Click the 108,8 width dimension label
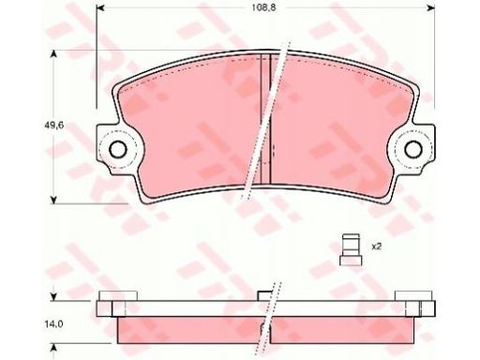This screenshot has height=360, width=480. click(264, 8)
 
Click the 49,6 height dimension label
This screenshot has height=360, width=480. click(56, 126)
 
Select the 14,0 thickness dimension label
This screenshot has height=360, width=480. click(56, 324)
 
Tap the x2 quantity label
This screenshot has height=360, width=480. click(377, 247)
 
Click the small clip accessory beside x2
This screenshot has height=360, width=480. click(351, 249)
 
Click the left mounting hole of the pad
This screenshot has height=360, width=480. click(118, 149)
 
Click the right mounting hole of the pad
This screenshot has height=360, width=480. click(413, 149)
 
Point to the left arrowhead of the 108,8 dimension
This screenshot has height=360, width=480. click(99, 8)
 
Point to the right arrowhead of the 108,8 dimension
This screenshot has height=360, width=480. click(431, 8)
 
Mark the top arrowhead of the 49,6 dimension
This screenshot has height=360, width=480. click(54, 54)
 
